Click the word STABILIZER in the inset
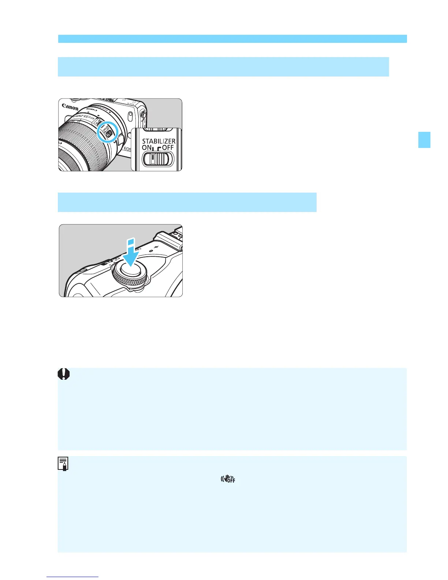tap(158, 141)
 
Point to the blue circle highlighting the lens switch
tap(108, 133)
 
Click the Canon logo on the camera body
tap(70, 107)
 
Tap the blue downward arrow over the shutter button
tap(130, 253)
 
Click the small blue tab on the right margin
tap(424, 140)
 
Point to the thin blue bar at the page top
tap(232, 39)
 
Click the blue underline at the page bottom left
tap(73, 577)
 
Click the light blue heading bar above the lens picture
tap(223, 67)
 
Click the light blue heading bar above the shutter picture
tap(187, 202)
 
